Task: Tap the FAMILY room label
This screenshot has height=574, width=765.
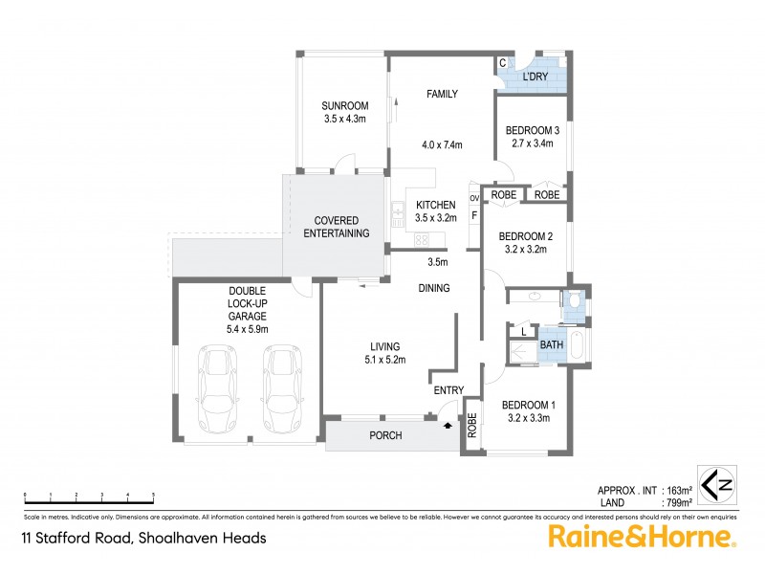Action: point(442,94)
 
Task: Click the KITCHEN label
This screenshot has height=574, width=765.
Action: point(436,205)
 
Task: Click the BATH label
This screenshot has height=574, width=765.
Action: point(551,345)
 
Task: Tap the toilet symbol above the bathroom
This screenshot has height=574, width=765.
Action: point(574,302)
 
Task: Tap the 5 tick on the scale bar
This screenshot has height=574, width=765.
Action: point(154,495)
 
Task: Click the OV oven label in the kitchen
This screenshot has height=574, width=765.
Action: point(474,198)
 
